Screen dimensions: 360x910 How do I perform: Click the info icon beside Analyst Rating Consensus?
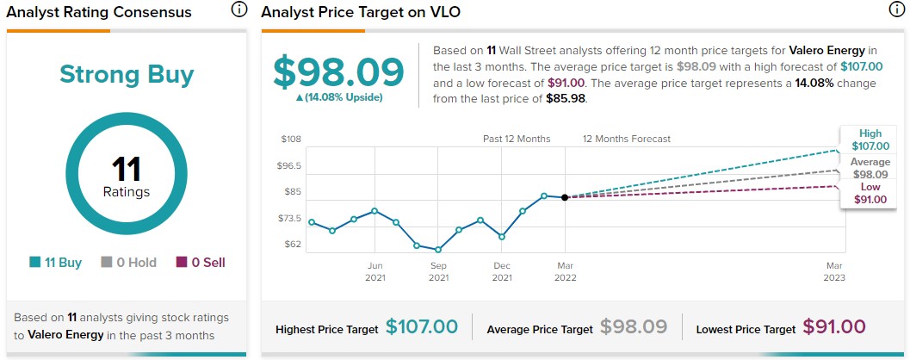(238, 10)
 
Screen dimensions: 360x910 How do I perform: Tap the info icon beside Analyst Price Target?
(897, 10)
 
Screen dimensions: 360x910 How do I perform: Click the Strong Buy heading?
(127, 74)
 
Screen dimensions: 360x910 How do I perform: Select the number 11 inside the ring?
(127, 170)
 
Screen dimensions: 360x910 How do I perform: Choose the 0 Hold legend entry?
(128, 263)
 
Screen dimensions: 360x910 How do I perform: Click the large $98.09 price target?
(338, 72)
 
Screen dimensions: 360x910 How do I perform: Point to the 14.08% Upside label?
(338, 97)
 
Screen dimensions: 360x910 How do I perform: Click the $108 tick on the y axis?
(291, 140)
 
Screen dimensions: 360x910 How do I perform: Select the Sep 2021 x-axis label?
(438, 271)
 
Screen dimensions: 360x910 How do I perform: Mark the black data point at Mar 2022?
(565, 197)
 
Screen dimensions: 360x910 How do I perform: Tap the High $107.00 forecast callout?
(870, 140)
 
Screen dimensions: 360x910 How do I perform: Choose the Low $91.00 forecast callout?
(870, 194)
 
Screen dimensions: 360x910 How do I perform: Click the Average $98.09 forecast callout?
(870, 168)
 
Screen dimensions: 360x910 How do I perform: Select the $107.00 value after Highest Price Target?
(422, 327)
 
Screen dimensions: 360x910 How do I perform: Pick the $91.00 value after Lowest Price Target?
(834, 327)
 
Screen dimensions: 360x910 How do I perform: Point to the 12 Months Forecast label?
(626, 139)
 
